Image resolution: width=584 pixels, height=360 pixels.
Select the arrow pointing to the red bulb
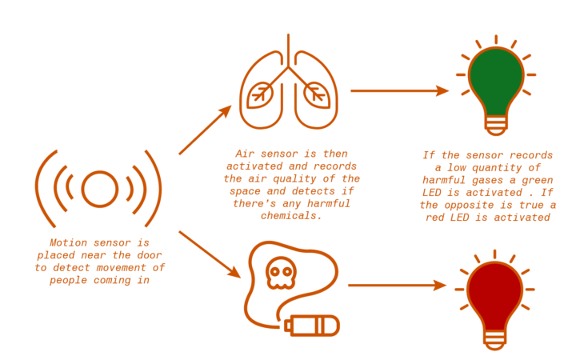pos(396,285)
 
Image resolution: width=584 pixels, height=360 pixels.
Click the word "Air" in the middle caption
pos(245,153)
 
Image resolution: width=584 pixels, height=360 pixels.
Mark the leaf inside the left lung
pos(259,97)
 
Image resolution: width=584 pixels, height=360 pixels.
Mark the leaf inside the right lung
pos(318,97)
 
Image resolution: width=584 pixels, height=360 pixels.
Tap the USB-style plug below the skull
pos(313,326)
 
